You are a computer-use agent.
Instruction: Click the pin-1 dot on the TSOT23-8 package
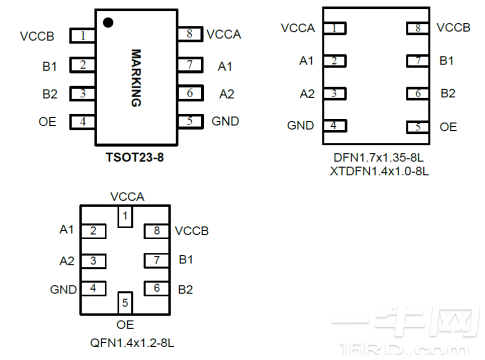click(x=108, y=23)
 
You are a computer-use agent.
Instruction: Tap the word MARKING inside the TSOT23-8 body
click(x=136, y=78)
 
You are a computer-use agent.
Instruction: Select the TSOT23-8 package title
click(x=135, y=157)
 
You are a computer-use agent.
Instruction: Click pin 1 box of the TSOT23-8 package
click(x=82, y=36)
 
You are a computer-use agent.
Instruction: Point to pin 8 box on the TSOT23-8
click(x=190, y=34)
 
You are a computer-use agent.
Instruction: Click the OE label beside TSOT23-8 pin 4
click(x=47, y=122)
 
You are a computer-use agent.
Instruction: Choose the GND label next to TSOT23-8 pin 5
click(x=225, y=121)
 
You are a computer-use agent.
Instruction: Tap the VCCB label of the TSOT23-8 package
click(x=37, y=36)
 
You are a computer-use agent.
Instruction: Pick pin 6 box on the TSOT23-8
click(x=190, y=93)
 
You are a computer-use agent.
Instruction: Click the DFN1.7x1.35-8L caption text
click(x=379, y=158)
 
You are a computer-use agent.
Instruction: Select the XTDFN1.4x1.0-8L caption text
click(x=379, y=171)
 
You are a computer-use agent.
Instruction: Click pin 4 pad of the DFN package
click(x=335, y=126)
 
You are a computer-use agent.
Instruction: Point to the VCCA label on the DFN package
click(x=298, y=28)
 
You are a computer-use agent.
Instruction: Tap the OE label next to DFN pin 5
click(x=448, y=127)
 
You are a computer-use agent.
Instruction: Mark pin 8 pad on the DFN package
click(x=418, y=28)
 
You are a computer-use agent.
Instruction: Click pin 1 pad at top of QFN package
click(x=125, y=216)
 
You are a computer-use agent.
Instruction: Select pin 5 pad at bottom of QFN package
click(x=125, y=303)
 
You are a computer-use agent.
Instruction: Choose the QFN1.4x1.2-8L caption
click(x=132, y=343)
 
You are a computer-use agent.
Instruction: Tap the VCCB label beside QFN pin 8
click(x=192, y=231)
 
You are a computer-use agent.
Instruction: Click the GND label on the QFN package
click(x=63, y=289)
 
